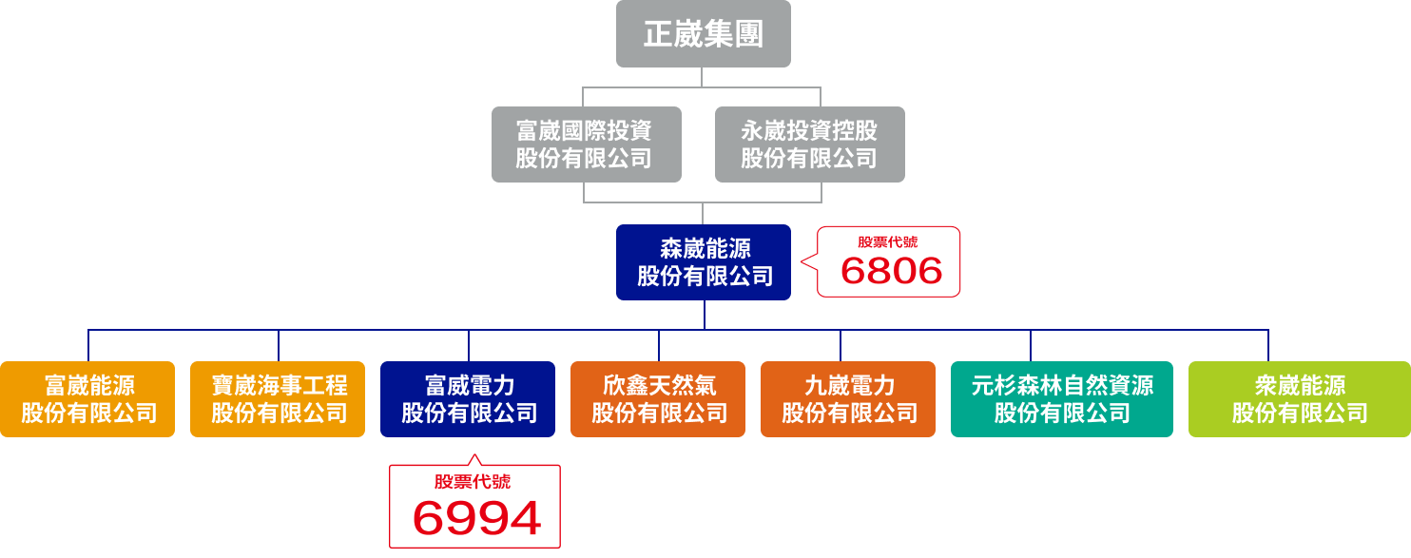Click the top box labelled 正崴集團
pos(703,34)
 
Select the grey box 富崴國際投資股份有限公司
pos(586,144)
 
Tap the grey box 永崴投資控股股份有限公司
pos(809,144)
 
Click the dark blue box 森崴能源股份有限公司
pos(703,262)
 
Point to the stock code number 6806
pos(891,272)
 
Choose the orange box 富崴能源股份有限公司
pos(87,399)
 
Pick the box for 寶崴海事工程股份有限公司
pos(278,399)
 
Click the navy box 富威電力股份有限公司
pos(468,399)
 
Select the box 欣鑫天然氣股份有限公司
pos(658,399)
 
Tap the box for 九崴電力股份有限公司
pos(848,399)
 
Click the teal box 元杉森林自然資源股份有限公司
pos(1061,399)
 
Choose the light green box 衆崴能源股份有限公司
pos(1299,399)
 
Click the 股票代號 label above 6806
pos(888,241)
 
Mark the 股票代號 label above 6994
pos(473,482)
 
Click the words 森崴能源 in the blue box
pos(705,249)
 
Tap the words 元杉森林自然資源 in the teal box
pos(1062,386)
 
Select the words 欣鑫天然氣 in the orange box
pos(659,386)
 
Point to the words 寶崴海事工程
pos(279,386)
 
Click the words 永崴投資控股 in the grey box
pos(809,130)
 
